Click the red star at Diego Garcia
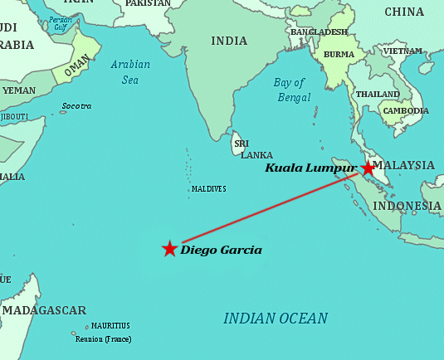pyautogui.click(x=169, y=249)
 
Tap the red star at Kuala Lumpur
pyautogui.click(x=368, y=168)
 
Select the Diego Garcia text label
pyautogui.click(x=221, y=250)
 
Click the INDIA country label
pyautogui.click(x=229, y=41)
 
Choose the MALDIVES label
pyautogui.click(x=208, y=189)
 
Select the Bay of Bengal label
pyautogui.click(x=292, y=90)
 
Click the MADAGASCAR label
pyautogui.click(x=44, y=310)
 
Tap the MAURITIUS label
pyautogui.click(x=110, y=326)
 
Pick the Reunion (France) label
pyautogui.click(x=102, y=339)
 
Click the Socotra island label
pyautogui.click(x=76, y=106)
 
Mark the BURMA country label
pyautogui.click(x=338, y=54)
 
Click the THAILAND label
pyautogui.click(x=378, y=94)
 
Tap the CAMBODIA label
pyautogui.click(x=405, y=110)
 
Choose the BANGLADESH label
pyautogui.click(x=319, y=32)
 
